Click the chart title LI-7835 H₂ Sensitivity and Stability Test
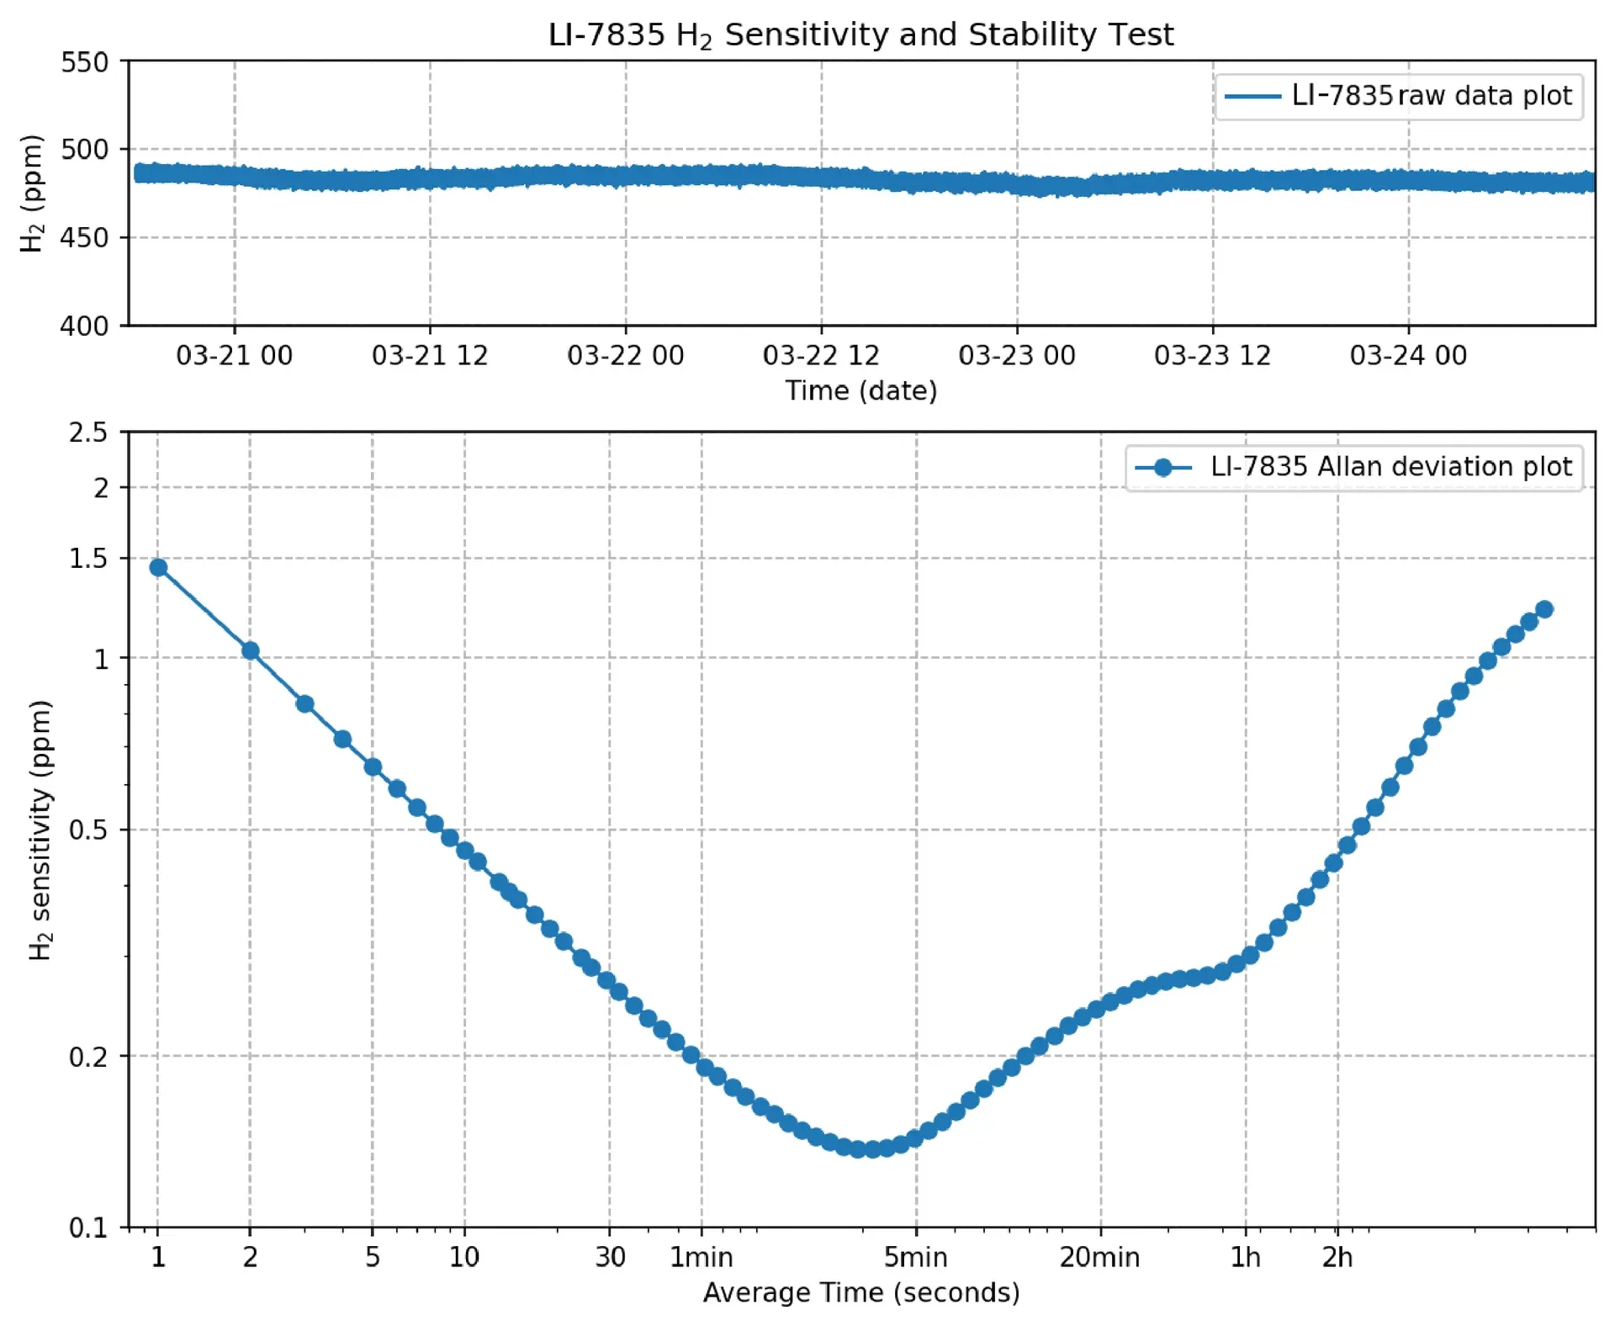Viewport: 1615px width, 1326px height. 860,35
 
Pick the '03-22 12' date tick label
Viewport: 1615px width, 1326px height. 820,356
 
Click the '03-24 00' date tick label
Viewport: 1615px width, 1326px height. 1408,356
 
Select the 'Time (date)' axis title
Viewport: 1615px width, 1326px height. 860,391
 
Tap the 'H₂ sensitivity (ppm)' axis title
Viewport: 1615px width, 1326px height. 40,830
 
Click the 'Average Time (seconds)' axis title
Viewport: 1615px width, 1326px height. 860,1292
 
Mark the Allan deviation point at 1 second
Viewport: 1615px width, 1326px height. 158,568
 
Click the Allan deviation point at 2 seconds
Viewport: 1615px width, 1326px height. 250,650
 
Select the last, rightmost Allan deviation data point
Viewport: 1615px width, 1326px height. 1544,610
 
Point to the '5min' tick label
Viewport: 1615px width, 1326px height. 915,1258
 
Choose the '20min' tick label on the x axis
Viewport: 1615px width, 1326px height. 1099,1258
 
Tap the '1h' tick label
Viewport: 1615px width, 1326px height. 1245,1258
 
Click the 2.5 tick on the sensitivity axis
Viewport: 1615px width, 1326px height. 88,433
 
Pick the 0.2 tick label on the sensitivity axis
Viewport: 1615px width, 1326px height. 88,1057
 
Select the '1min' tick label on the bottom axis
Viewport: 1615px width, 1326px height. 701,1258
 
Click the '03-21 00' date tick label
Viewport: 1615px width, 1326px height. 234,356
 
